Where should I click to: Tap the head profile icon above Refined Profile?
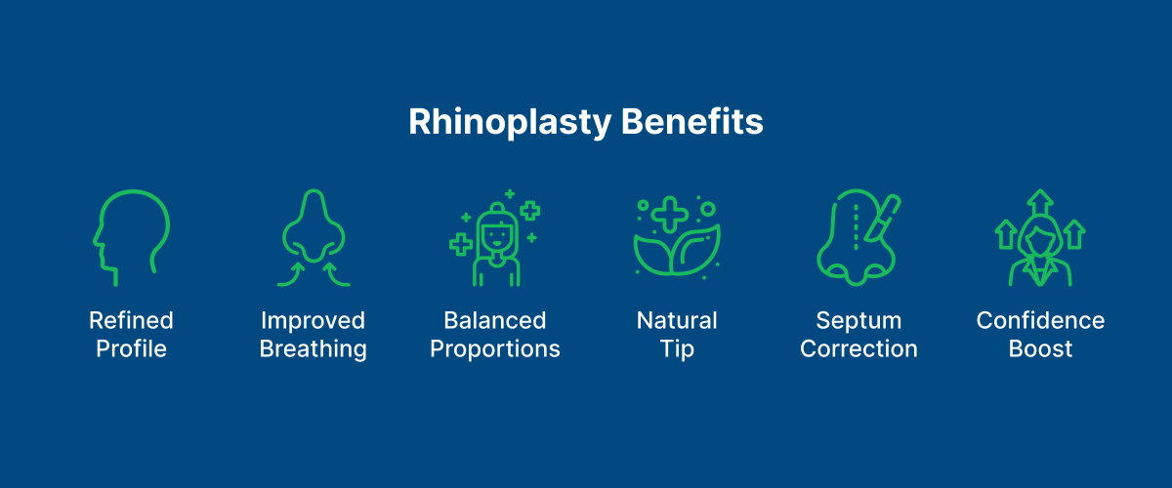(x=131, y=237)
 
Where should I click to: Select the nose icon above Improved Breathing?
(x=313, y=237)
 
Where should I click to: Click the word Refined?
(x=131, y=320)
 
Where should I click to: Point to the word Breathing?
(x=313, y=349)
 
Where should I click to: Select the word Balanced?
(x=495, y=320)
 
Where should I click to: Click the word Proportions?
(x=495, y=349)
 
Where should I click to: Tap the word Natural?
(x=677, y=320)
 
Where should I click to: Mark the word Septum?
(x=858, y=320)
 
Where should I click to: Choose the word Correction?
(x=858, y=349)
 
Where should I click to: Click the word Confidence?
(x=1040, y=320)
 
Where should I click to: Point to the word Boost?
(x=1040, y=349)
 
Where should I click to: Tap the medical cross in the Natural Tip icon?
(x=669, y=214)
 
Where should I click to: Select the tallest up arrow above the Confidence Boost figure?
(x=1041, y=202)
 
